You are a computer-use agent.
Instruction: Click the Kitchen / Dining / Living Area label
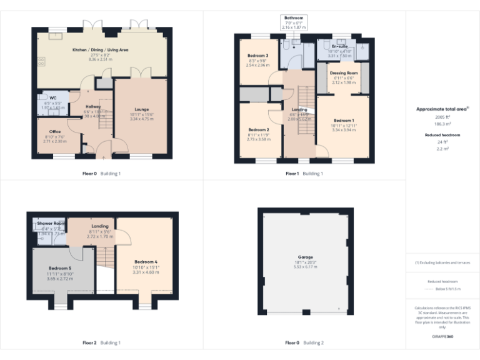[100, 49]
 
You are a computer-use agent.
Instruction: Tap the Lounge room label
[141, 109]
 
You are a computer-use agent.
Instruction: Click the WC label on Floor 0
[53, 98]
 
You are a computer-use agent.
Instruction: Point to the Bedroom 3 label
[257, 56]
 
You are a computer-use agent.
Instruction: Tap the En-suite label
[340, 46]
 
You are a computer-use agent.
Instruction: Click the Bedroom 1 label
[343, 120]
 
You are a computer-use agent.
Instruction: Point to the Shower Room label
[51, 223]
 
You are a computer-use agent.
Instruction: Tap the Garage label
[305, 257]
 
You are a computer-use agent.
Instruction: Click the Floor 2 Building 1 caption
[101, 342]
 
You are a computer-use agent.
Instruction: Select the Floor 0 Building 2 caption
[304, 342]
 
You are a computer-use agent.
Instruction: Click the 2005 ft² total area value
[442, 117]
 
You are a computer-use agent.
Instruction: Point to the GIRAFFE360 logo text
[442, 337]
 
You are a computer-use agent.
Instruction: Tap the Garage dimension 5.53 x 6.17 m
[305, 267]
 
